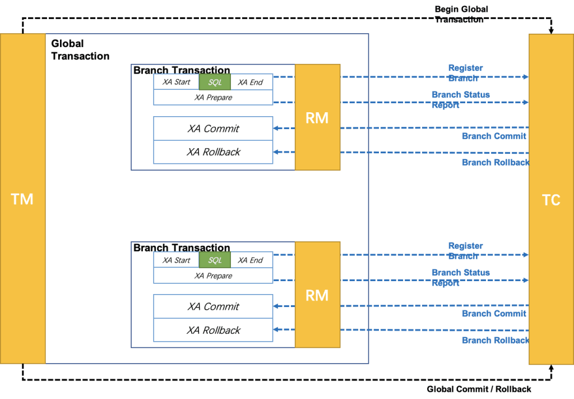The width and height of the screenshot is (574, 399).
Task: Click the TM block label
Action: point(22,199)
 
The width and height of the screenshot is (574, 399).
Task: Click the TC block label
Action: point(551,200)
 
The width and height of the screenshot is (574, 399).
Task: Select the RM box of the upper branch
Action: point(317,117)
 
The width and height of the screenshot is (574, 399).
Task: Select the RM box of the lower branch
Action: point(317,295)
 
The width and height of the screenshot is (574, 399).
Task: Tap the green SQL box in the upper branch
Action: point(215,82)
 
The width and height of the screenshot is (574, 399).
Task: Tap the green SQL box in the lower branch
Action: point(215,260)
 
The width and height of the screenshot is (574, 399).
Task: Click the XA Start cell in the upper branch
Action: point(177,82)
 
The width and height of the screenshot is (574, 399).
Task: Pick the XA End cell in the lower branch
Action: point(252,260)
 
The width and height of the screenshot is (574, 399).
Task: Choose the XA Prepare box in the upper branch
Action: point(213,98)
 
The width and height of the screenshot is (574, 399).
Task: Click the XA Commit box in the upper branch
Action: point(213,129)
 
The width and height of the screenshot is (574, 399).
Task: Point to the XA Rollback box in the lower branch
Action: point(213,330)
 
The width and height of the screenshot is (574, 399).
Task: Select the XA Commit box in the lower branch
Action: point(213,306)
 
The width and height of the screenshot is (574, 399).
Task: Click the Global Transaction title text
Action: point(80,50)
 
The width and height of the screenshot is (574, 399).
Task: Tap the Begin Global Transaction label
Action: point(461,14)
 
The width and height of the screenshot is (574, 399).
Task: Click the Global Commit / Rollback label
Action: point(479,389)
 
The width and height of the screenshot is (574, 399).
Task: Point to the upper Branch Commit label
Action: point(494,136)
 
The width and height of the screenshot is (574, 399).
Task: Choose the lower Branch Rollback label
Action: point(496,341)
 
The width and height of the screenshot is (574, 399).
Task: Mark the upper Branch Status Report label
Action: point(461,100)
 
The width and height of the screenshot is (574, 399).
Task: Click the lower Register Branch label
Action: point(465,251)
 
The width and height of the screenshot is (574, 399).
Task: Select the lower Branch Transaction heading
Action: point(182,247)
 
